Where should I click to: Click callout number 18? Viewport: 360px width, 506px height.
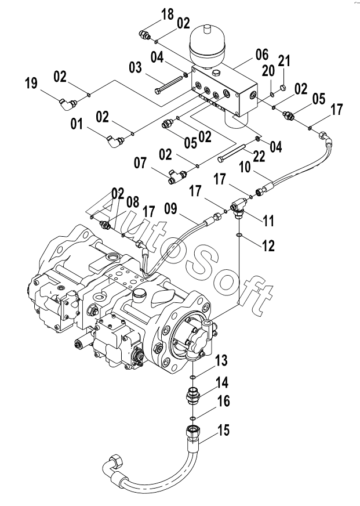(x=168, y=15)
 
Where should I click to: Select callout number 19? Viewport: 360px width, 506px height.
(x=32, y=84)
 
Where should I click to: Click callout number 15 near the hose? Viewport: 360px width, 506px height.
(x=224, y=431)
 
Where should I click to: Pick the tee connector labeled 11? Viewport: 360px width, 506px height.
(x=239, y=205)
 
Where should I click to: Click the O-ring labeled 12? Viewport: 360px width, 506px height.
(x=239, y=235)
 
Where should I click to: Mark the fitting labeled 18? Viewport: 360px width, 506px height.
(x=145, y=36)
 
